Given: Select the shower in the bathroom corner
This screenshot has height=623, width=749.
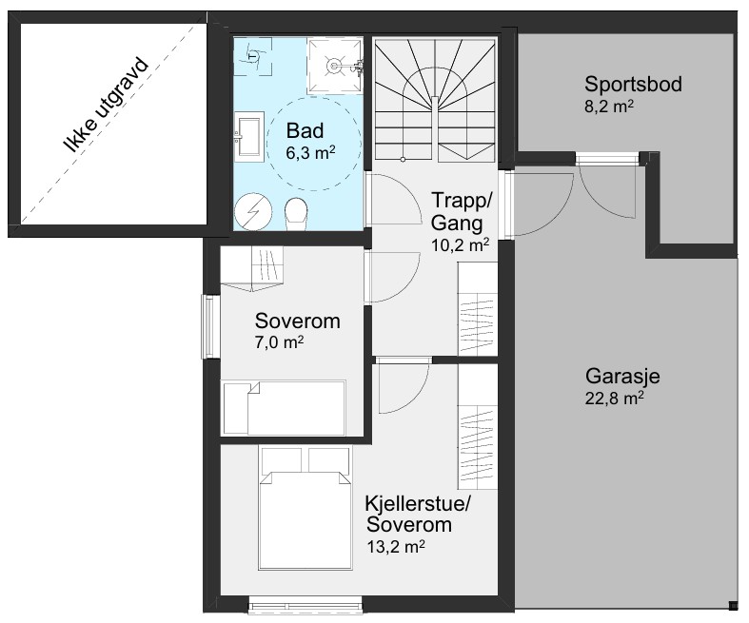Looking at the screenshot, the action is [335, 66].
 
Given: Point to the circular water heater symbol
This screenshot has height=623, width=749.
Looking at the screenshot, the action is [253, 211].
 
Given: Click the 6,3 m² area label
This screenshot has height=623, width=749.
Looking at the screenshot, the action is [310, 153].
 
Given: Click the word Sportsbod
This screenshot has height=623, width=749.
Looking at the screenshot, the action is [633, 84].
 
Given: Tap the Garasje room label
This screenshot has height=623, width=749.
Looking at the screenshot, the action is [622, 377].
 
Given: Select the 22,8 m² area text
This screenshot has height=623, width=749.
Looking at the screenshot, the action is [614, 398].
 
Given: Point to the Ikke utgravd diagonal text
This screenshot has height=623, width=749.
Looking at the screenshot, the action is [106, 106].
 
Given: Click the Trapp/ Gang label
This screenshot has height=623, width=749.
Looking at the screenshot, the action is [461, 211].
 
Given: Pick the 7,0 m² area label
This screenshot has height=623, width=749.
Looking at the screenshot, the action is [280, 342].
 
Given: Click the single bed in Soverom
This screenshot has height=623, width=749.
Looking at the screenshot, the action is [284, 408].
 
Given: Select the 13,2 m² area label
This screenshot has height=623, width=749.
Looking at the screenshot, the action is [396, 546].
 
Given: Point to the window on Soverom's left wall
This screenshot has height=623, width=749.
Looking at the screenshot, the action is [207, 326].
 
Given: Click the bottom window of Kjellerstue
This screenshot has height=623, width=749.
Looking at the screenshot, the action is [306, 604].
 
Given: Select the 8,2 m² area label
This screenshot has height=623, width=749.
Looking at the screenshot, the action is [609, 106].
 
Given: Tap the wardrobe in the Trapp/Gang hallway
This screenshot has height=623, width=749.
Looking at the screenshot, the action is [477, 308].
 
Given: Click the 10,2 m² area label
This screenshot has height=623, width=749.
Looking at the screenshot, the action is [460, 244].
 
